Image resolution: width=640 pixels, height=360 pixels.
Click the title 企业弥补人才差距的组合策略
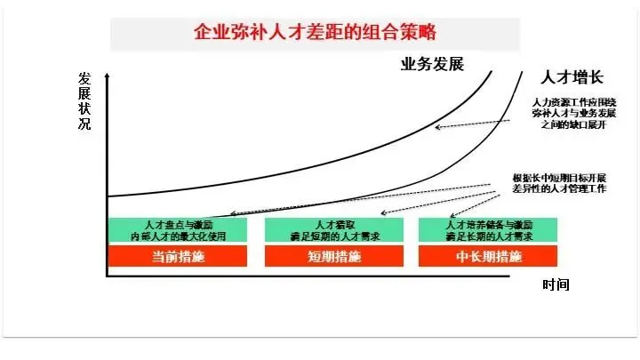(316, 33)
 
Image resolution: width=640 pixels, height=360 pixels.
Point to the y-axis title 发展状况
(84, 99)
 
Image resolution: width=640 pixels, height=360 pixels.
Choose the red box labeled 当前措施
(178, 257)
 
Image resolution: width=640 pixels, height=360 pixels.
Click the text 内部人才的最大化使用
(178, 236)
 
